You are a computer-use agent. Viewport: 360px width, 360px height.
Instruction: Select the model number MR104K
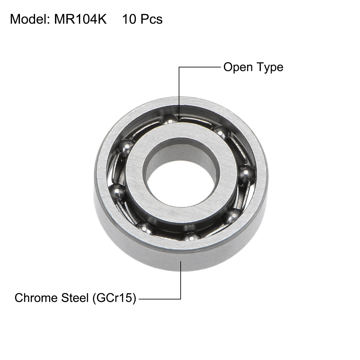(x=78, y=19)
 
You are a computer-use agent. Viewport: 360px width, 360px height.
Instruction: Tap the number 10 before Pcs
(x=129, y=19)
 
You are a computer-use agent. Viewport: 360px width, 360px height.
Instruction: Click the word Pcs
(x=151, y=19)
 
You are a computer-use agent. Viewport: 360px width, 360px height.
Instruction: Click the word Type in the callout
(x=270, y=67)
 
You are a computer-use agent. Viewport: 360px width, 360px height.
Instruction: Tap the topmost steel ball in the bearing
(x=170, y=119)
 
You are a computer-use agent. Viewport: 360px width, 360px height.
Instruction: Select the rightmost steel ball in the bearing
(x=246, y=173)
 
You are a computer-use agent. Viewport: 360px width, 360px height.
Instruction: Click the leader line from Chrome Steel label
(x=181, y=281)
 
